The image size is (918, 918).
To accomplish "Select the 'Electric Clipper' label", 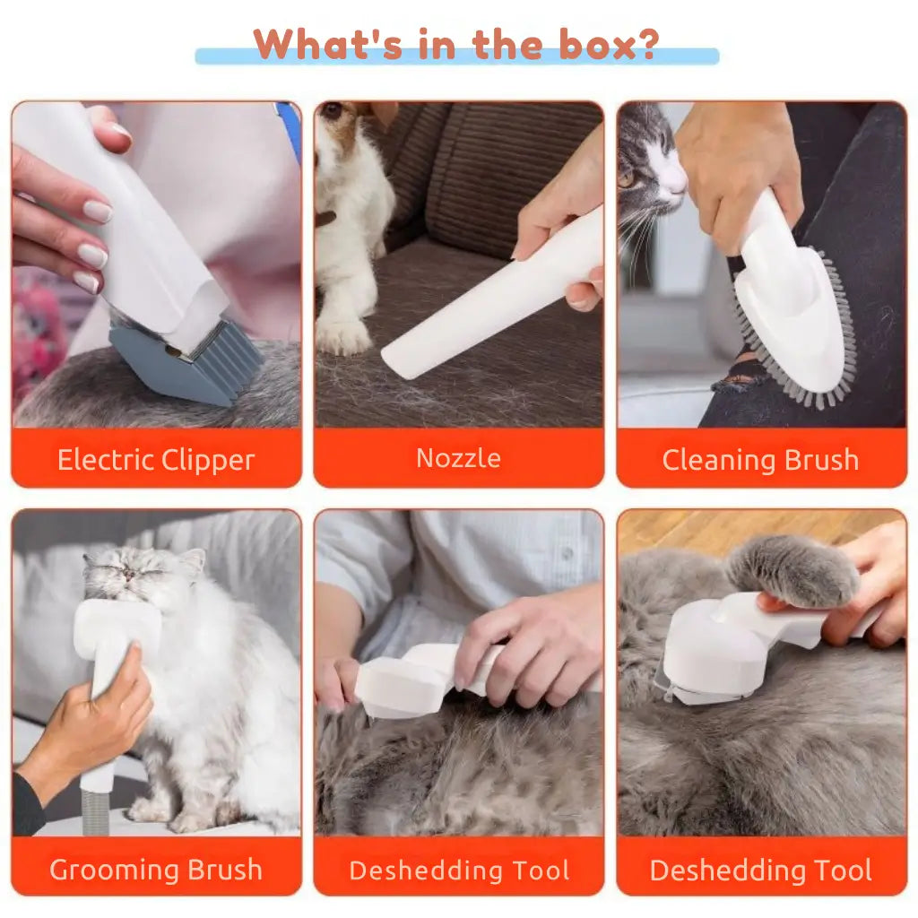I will [x=156, y=460].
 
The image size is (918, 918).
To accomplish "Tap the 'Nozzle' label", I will [x=458, y=458].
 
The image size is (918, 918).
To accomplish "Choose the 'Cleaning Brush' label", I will [x=760, y=460].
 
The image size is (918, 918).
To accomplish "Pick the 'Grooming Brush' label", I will [x=156, y=869].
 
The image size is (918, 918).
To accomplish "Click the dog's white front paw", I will [x=342, y=333].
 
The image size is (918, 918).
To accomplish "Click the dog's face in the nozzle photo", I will [x=336, y=126].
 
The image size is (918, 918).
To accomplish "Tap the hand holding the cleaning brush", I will [x=735, y=161].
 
